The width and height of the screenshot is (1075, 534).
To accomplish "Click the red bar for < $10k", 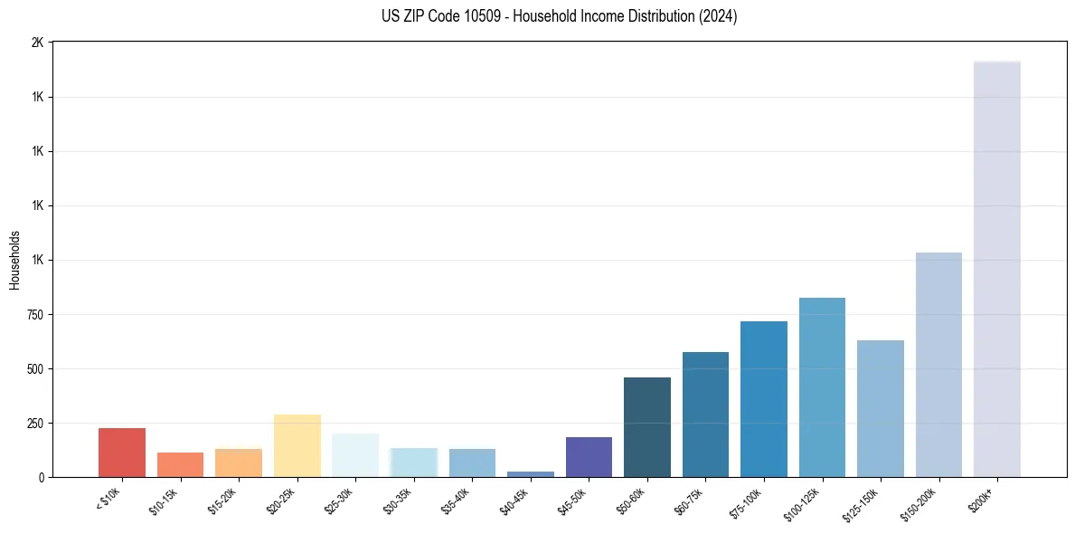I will click(122, 453).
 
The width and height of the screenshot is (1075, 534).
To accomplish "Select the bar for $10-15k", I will click(180, 464).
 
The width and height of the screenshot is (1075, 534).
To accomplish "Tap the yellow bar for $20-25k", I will click(297, 445).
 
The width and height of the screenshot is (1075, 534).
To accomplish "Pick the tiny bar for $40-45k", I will click(530, 474).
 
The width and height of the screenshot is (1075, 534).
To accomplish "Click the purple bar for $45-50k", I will click(589, 457).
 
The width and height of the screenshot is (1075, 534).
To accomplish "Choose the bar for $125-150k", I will click(880, 408).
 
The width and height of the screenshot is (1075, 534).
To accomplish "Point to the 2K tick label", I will click(37, 43).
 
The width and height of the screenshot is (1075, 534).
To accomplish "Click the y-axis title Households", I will click(14, 260).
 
